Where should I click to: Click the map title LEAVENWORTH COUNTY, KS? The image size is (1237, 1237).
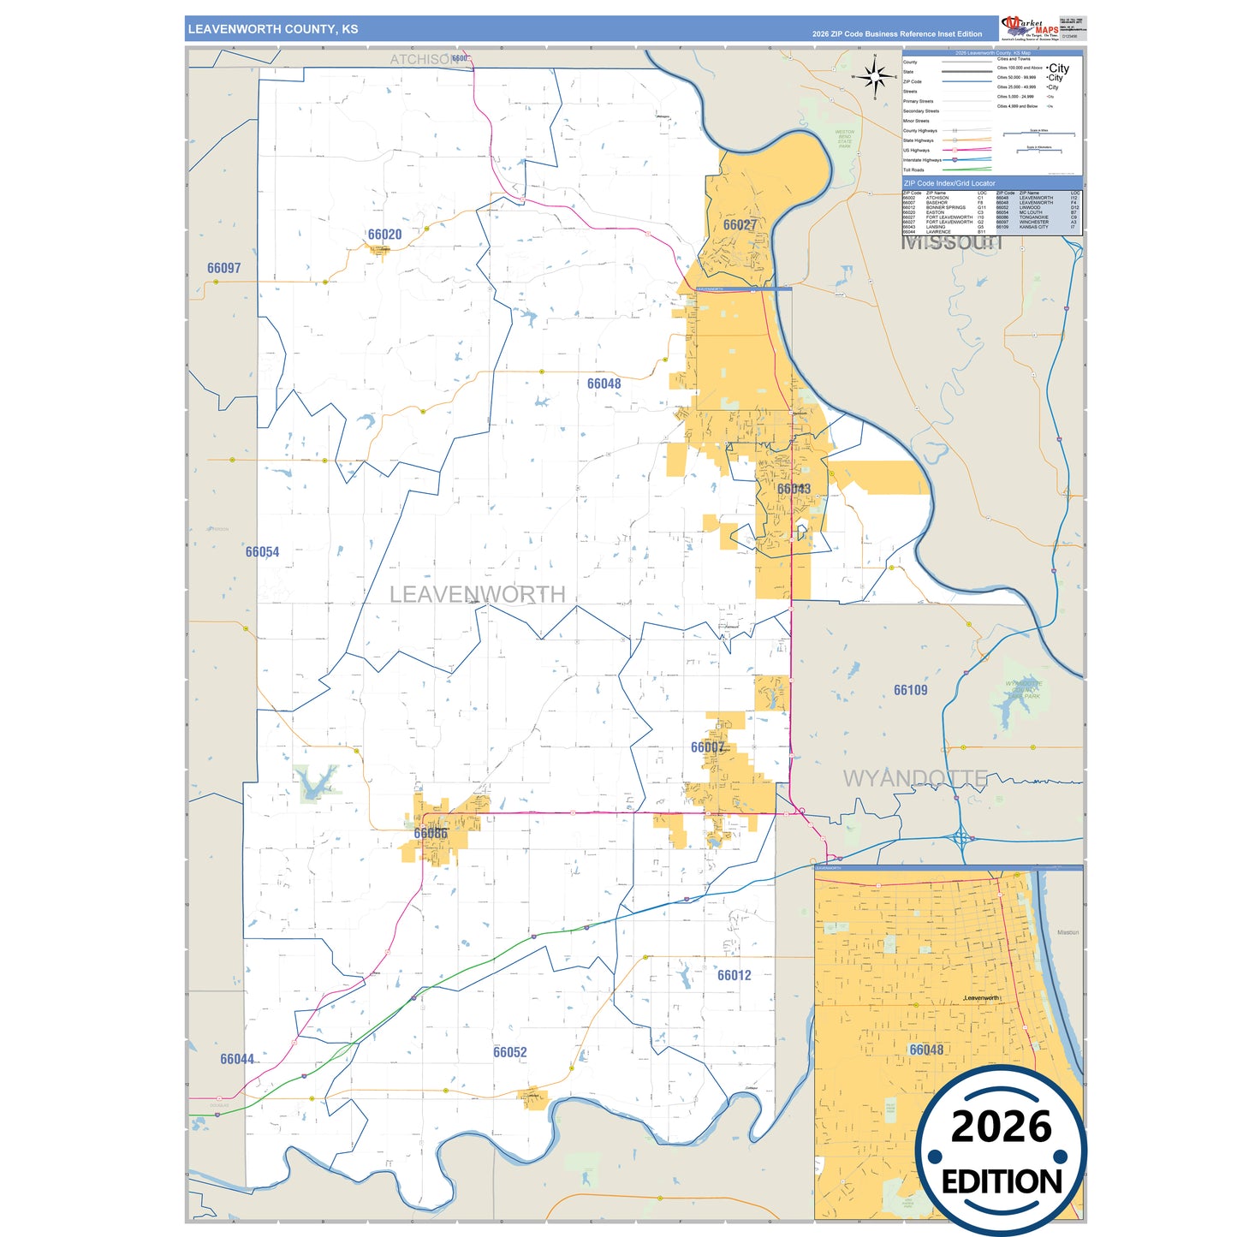click(273, 29)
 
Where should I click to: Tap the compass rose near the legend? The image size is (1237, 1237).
click(875, 77)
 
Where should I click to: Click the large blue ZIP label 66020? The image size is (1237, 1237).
click(384, 235)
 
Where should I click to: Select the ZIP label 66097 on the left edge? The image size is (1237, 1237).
click(223, 268)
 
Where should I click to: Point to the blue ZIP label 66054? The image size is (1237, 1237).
click(262, 552)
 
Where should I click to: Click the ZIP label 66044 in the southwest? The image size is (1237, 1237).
click(237, 1059)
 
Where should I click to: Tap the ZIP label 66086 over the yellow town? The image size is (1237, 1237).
click(431, 833)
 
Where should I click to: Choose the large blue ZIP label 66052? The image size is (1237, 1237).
click(509, 1052)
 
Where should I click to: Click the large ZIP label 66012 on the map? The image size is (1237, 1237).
click(734, 975)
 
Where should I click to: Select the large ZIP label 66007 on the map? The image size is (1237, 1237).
click(707, 747)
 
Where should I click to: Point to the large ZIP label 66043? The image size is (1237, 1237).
click(794, 489)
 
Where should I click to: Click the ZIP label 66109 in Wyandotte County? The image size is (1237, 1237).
click(910, 690)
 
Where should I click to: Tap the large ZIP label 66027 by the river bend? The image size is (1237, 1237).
click(740, 225)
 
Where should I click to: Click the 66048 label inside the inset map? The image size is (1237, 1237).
click(926, 1050)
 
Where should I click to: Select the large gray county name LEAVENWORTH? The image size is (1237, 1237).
click(477, 594)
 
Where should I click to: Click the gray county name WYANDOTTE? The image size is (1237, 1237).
click(914, 778)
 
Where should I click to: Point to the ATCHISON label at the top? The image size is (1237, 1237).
click(419, 59)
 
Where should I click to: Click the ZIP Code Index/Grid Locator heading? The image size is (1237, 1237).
click(949, 183)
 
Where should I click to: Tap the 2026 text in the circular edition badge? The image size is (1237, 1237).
click(1001, 1127)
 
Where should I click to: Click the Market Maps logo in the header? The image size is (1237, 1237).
click(1030, 28)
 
